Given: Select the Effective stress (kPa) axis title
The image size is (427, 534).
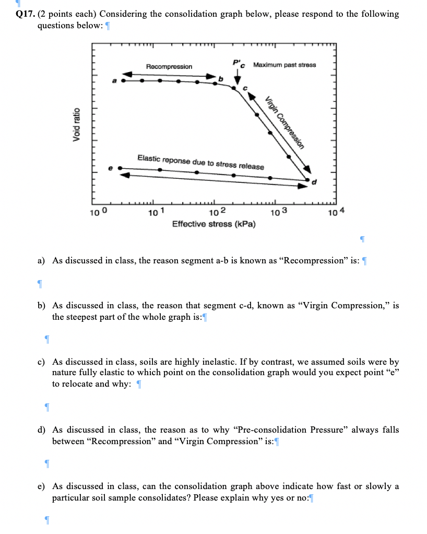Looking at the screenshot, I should (210, 224).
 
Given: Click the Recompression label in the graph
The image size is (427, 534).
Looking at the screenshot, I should (169, 67).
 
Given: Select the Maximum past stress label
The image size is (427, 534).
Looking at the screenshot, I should (284, 65).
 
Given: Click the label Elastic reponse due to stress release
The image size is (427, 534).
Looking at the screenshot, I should (200, 162).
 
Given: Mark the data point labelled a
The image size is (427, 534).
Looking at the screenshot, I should (124, 81).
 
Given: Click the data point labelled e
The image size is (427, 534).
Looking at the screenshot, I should (121, 168).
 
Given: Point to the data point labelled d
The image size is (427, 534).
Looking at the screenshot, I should (307, 180).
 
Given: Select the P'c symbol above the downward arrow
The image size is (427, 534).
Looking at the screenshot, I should (238, 64).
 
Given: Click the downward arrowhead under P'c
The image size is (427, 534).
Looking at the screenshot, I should (238, 80).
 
